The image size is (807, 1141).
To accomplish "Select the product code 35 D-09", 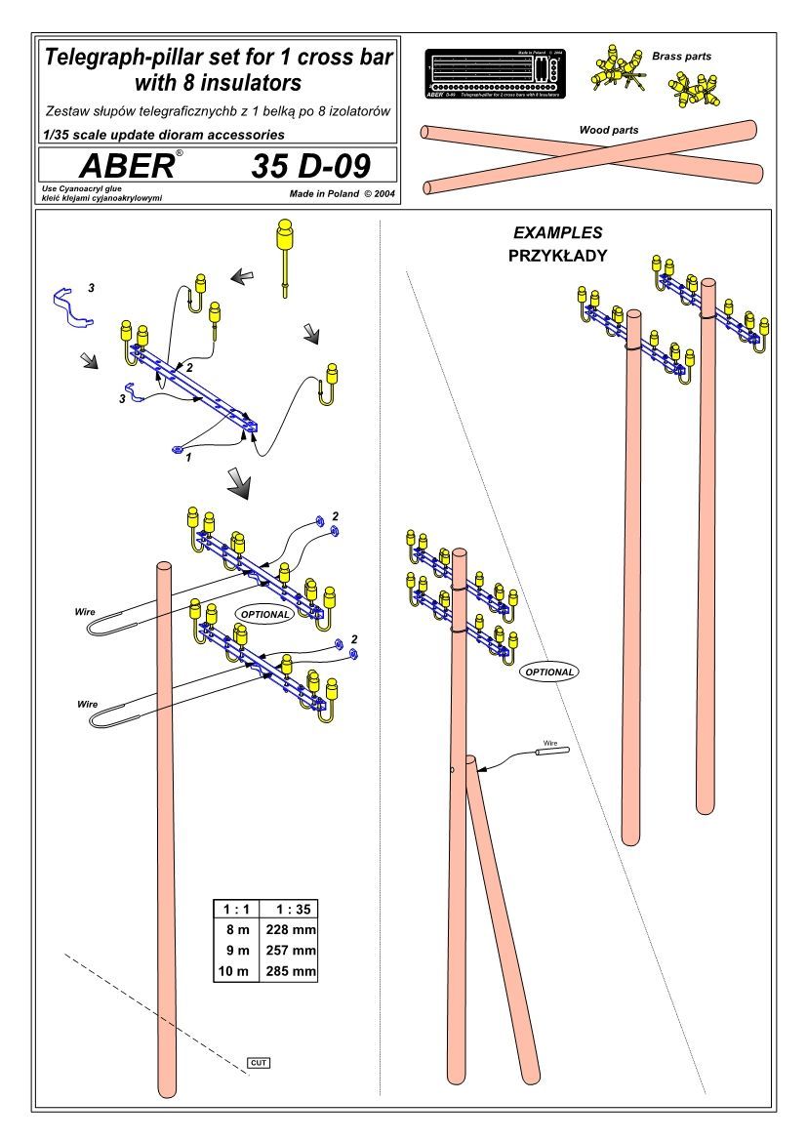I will pos(310,166).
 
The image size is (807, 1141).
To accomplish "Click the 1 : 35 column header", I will pos(291,908).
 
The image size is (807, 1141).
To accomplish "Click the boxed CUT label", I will pos(258,1062).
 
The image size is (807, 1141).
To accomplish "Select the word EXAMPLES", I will pos(557,233).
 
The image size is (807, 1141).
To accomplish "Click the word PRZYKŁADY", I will pos(557,256).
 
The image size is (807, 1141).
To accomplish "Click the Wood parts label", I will pos(608,129).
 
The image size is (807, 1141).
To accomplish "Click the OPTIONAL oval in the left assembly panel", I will pos(263,614).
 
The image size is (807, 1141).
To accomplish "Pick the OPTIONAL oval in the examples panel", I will pos(547,672).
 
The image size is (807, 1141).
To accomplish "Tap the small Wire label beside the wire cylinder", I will pos(550,743).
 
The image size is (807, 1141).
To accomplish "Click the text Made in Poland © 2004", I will pos(342,193).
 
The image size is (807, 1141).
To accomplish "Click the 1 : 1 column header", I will pos(236,908).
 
